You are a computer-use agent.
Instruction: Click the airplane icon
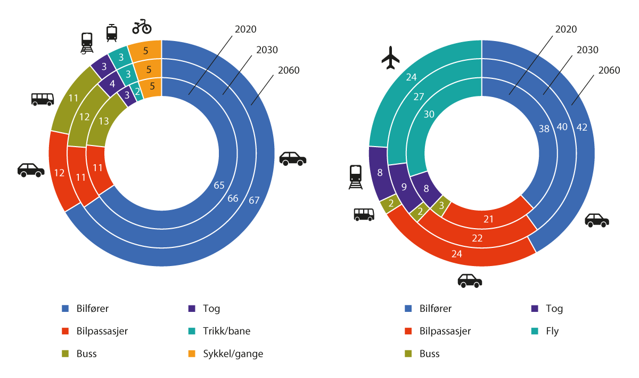point(390,58)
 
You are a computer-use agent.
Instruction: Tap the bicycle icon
point(142,26)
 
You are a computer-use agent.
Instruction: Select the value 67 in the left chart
point(253,200)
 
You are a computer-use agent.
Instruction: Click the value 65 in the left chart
point(219,186)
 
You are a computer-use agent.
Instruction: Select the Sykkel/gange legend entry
point(233,353)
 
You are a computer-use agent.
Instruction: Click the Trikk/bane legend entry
point(226,331)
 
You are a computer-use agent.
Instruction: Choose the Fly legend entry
point(552,331)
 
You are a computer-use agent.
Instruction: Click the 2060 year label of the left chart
point(289,70)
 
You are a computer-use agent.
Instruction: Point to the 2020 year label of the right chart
point(566,29)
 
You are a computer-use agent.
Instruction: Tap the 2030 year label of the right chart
point(587,50)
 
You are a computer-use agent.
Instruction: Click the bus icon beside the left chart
point(43,99)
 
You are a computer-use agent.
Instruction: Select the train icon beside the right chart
point(355,177)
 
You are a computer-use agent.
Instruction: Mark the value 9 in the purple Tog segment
point(404,187)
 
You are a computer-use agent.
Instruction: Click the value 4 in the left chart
point(112,84)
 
